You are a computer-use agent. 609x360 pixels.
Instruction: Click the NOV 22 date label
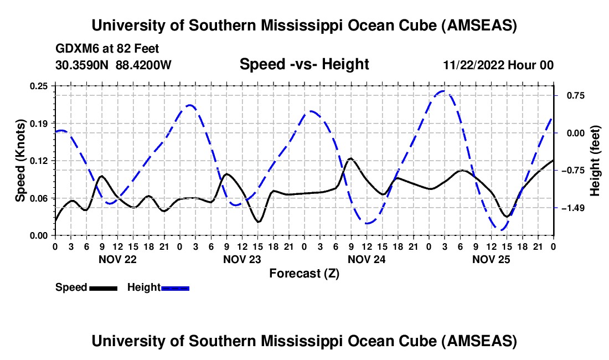click(x=117, y=259)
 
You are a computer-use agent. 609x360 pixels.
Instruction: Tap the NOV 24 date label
click(x=366, y=259)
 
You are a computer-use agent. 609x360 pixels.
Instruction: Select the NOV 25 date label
click(x=491, y=259)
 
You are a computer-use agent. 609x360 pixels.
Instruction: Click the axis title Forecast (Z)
click(x=304, y=273)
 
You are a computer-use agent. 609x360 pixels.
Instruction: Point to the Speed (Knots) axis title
click(x=20, y=161)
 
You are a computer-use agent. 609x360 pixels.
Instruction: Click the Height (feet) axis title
click(x=595, y=161)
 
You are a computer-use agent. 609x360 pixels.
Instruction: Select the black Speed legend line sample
click(x=103, y=287)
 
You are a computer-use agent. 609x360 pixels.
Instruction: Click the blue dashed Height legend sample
click(x=175, y=287)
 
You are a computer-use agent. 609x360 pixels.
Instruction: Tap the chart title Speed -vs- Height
click(x=304, y=64)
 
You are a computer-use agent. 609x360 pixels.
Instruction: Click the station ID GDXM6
click(x=75, y=49)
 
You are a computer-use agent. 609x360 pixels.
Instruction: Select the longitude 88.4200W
click(x=144, y=65)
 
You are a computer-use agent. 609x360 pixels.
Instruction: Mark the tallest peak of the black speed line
click(x=350, y=158)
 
